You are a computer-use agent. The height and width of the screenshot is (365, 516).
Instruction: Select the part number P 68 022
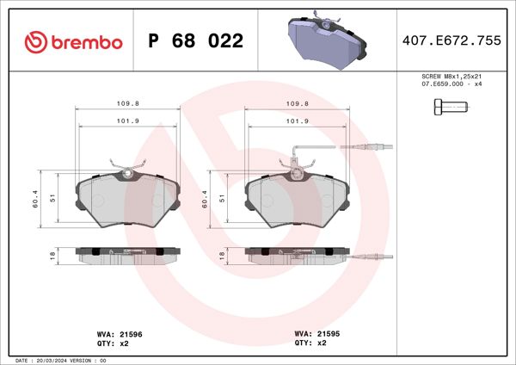coord(195,41)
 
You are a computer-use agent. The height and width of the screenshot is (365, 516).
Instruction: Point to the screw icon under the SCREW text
coord(446,108)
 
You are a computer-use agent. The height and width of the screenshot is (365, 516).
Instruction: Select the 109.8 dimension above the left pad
coord(128,104)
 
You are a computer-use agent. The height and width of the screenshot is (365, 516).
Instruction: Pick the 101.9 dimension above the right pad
coord(298,121)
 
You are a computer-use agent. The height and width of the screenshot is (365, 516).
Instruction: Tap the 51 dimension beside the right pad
coord(222,198)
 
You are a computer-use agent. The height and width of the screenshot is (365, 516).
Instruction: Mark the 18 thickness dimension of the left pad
coord(53,256)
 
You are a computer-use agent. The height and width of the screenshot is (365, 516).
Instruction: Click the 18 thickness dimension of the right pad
coord(222,256)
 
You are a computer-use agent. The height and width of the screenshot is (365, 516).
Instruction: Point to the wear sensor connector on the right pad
coord(377,148)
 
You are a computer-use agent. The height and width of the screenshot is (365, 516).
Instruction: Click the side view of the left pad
coord(128,256)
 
